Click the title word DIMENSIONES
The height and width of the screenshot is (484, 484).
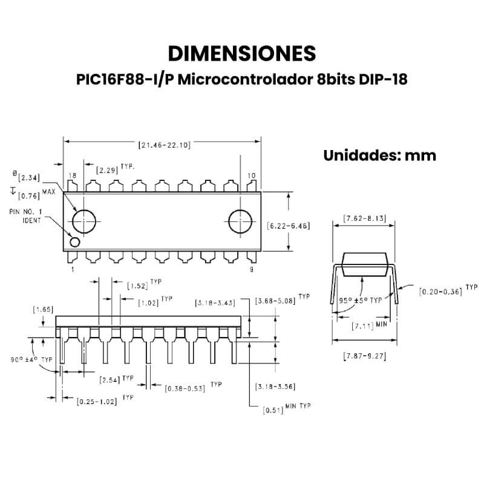click(241, 53)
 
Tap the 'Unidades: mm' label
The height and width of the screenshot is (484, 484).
click(379, 155)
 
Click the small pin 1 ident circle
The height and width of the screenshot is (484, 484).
click(75, 242)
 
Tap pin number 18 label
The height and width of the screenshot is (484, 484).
click(72, 175)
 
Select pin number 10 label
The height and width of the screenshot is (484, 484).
click(252, 175)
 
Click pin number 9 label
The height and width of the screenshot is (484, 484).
click(252, 270)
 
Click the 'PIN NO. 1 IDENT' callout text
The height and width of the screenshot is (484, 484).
click(26, 216)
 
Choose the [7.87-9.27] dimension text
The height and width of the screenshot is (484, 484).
click(364, 355)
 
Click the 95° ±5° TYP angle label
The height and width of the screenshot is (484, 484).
click(361, 299)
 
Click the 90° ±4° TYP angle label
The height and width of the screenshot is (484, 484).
click(31, 359)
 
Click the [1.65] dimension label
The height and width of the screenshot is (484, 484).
click(42, 310)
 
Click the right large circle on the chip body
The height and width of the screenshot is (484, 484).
click(241, 221)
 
